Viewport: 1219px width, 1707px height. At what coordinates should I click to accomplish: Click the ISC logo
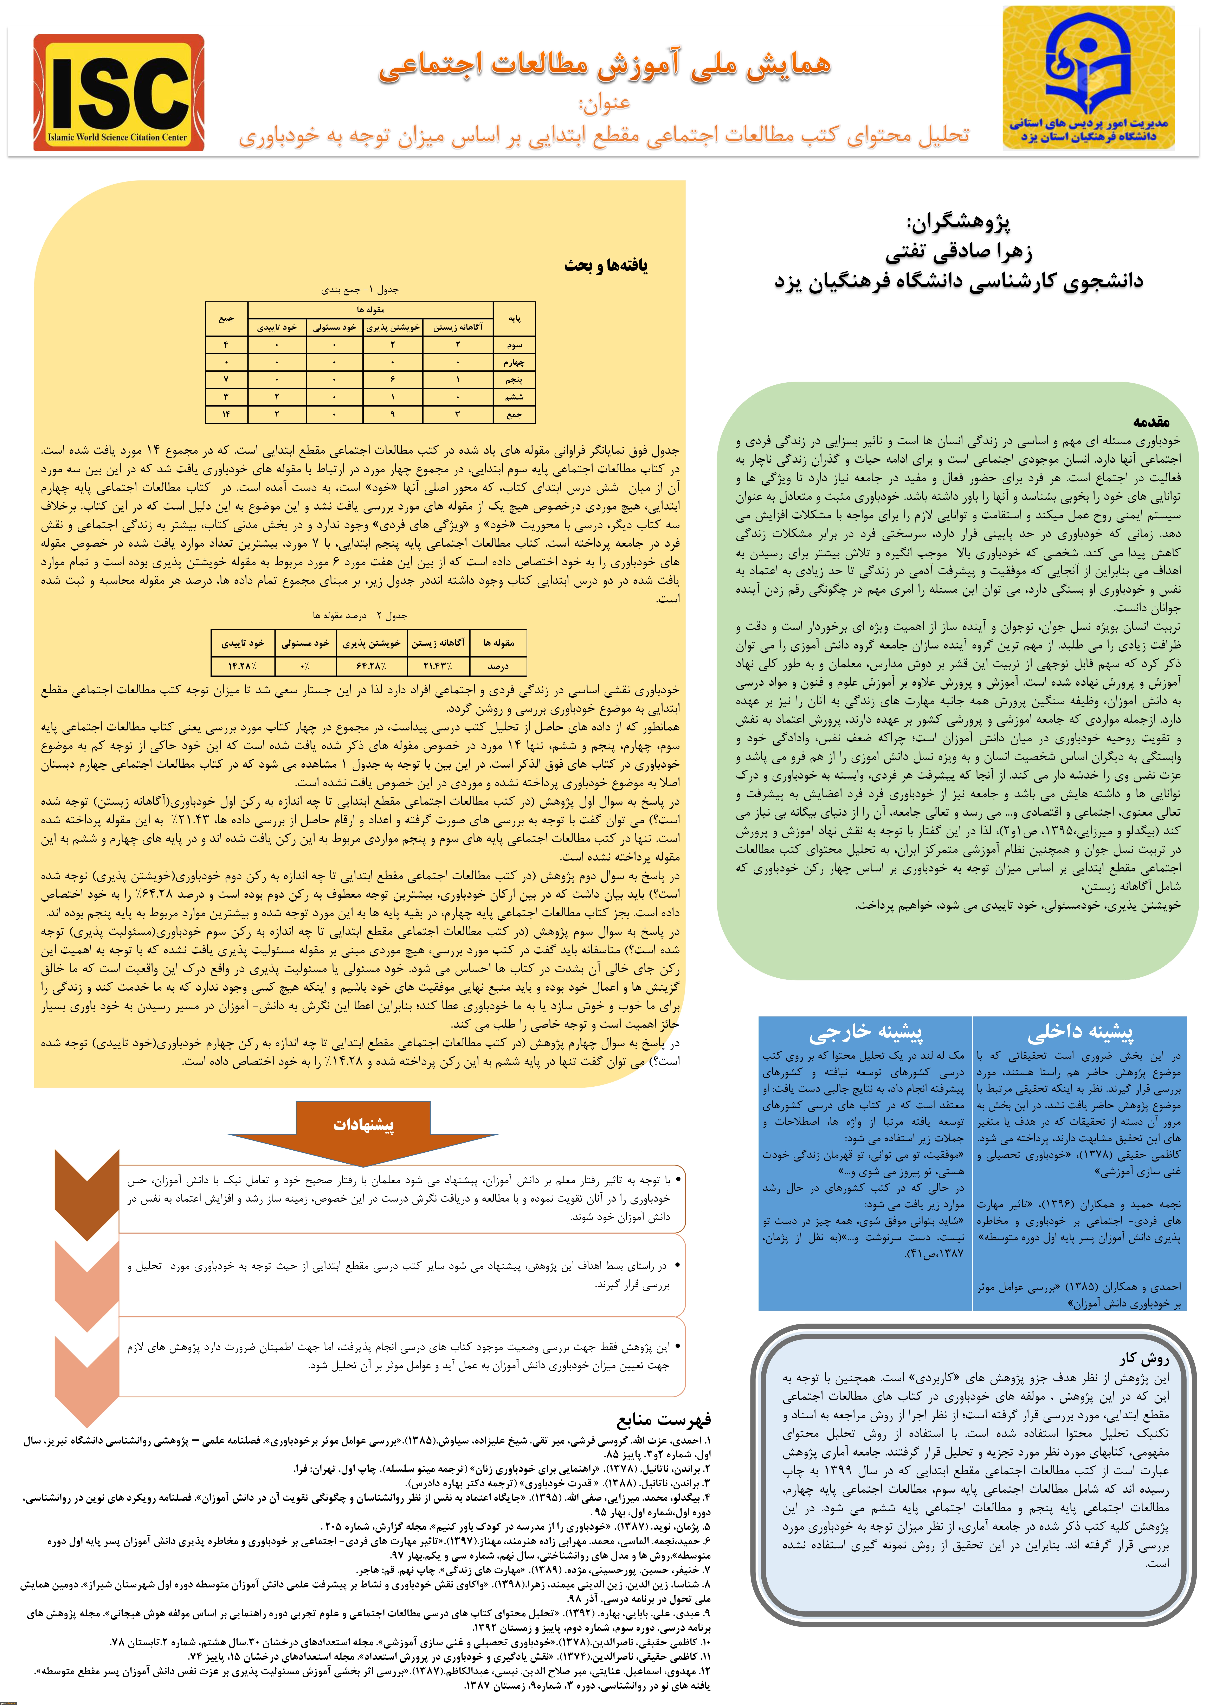point(119,92)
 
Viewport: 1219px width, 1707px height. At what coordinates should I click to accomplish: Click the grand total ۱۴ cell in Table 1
point(226,414)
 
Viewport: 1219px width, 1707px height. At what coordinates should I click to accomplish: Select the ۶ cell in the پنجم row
point(393,379)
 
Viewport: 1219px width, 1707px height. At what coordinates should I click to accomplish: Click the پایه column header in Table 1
point(514,318)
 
